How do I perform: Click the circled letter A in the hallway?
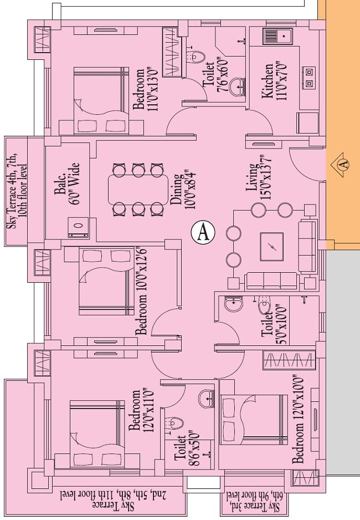click(x=203, y=231)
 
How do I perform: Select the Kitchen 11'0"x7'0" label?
click(x=273, y=81)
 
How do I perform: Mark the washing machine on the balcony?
click(x=78, y=227)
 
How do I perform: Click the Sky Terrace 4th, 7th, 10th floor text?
click(x=16, y=191)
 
